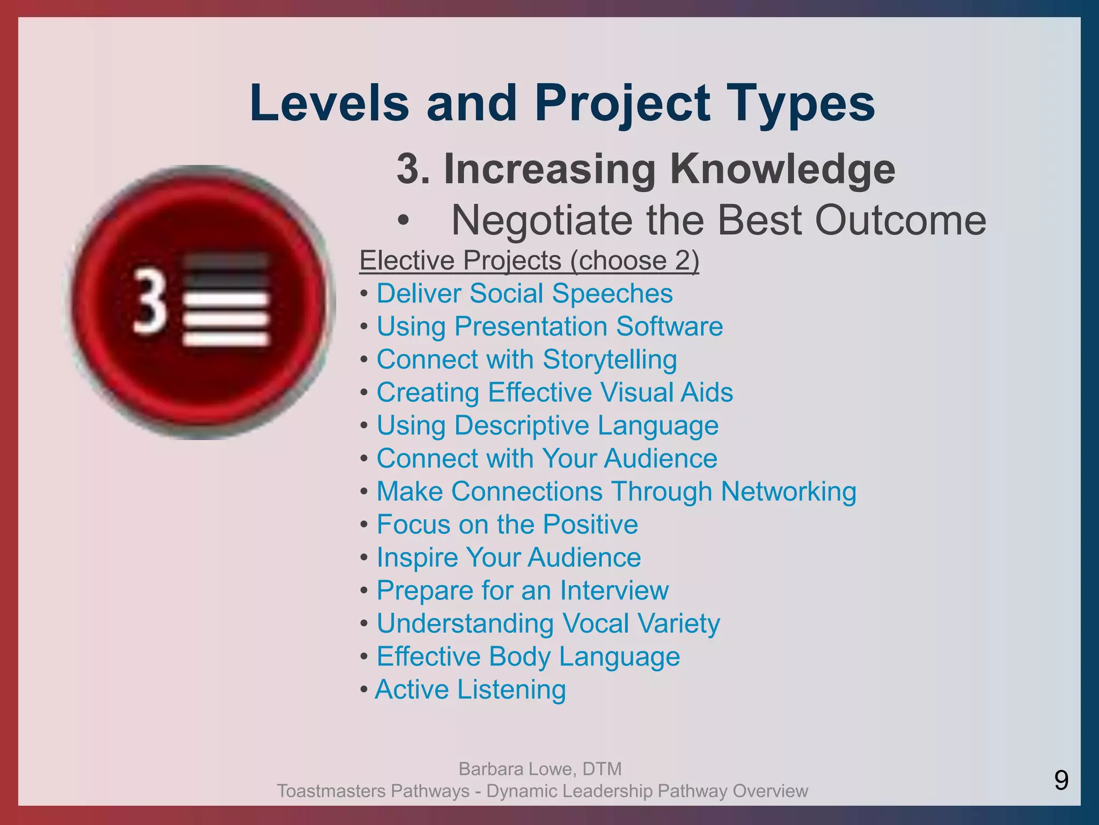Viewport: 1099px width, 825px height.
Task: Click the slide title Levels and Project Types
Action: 562,103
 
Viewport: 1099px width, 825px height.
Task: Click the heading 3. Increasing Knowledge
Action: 646,169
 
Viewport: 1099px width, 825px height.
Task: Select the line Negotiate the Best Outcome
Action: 718,220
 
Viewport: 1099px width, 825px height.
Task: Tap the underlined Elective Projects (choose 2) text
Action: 529,260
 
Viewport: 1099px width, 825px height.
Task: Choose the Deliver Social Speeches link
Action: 524,294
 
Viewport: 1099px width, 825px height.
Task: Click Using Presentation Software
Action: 549,327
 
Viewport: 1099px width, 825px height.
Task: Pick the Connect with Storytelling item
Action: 526,359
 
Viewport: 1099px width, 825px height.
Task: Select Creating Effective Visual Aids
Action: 554,393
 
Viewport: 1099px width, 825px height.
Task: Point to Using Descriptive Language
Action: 547,425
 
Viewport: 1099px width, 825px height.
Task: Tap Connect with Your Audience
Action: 547,459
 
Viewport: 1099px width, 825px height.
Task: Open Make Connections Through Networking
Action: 616,491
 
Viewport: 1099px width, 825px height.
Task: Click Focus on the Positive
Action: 507,525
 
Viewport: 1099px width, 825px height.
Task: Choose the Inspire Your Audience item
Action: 509,558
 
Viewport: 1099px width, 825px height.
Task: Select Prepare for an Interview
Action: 522,591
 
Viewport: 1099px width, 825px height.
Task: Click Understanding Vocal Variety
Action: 548,624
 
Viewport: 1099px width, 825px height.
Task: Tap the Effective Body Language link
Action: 528,657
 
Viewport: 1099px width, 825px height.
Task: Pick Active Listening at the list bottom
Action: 470,690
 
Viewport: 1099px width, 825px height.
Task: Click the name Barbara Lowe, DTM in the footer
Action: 540,769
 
